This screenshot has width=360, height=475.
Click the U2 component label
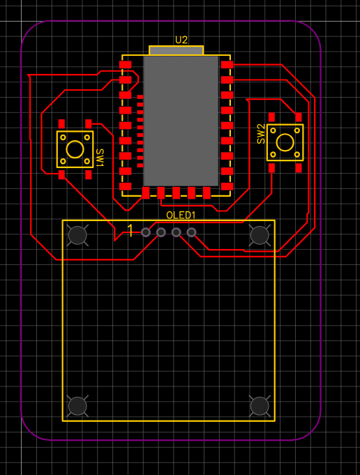click(x=181, y=40)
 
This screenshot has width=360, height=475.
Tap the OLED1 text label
click(x=181, y=216)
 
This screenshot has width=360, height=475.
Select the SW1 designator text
click(x=100, y=158)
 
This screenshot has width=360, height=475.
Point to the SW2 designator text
click(x=261, y=134)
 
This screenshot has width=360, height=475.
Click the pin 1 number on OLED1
click(x=130, y=231)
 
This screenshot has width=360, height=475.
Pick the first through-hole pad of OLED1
click(x=146, y=232)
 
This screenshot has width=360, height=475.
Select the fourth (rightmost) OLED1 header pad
click(x=191, y=232)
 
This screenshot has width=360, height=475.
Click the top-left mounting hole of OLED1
click(x=77, y=235)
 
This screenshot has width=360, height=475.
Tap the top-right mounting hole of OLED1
click(x=260, y=235)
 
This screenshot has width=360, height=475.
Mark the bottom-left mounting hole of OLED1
click(x=77, y=406)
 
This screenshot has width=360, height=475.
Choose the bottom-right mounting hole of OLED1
click(x=260, y=406)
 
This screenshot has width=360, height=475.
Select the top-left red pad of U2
click(x=125, y=65)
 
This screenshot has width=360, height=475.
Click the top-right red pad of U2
click(x=227, y=65)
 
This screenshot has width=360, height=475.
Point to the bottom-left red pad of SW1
click(x=61, y=174)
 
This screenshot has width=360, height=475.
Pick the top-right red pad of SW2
click(x=299, y=117)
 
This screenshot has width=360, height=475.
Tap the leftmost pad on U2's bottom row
click(x=146, y=193)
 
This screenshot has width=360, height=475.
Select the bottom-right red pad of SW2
click(x=299, y=168)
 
